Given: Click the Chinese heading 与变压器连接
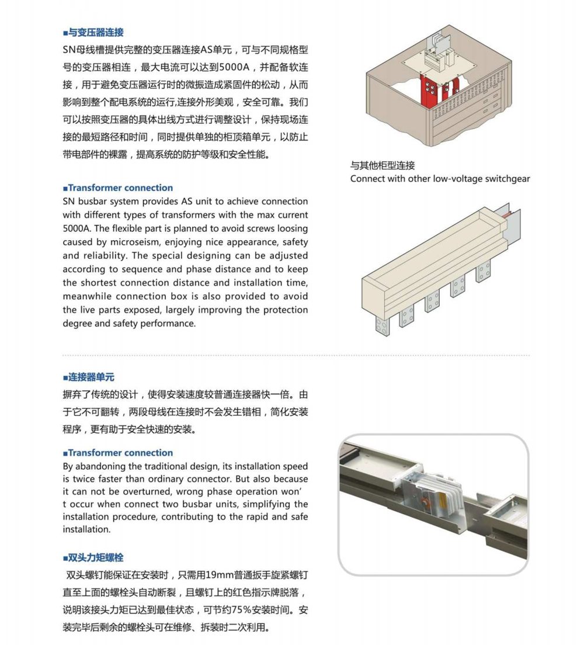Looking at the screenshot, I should [x=96, y=33].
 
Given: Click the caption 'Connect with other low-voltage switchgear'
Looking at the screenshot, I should [x=440, y=179].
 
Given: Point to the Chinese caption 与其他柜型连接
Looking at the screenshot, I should [x=383, y=166].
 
